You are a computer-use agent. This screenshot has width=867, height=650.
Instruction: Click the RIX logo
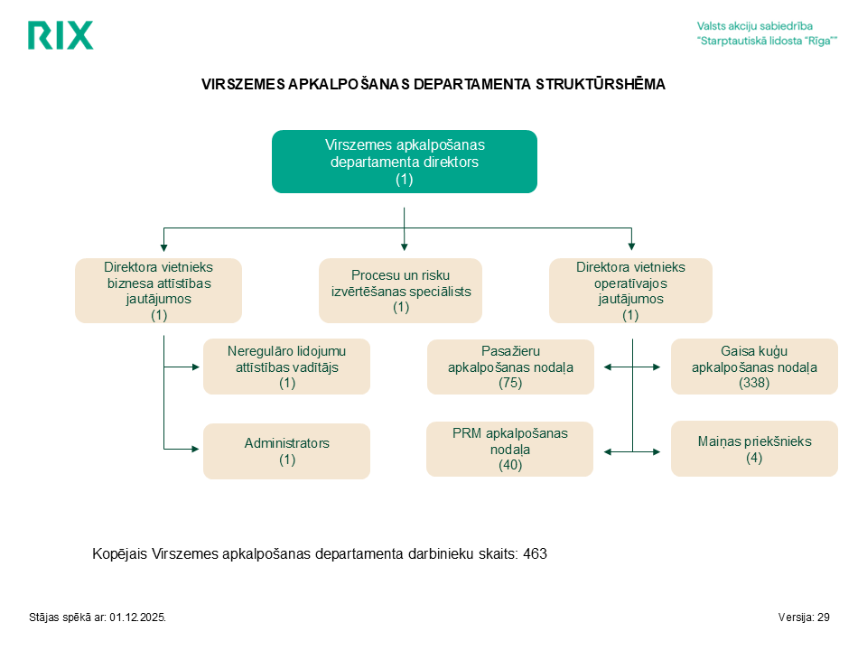[61, 35]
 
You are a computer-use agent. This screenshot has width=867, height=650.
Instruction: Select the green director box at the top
[405, 162]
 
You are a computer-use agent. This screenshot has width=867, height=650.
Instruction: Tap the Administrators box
[286, 451]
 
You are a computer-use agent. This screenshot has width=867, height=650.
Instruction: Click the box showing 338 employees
[754, 367]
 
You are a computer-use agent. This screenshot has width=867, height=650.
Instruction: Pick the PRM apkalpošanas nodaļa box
[509, 449]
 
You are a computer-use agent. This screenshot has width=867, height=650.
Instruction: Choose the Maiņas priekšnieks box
[754, 449]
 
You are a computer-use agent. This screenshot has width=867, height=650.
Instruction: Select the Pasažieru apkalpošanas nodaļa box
[510, 367]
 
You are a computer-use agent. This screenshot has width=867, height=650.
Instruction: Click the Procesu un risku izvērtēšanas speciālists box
[400, 291]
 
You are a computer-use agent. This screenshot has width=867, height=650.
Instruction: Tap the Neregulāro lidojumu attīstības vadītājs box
[286, 367]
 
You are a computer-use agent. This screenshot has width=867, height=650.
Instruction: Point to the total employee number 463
[535, 553]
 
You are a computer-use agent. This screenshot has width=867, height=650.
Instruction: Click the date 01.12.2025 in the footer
[137, 617]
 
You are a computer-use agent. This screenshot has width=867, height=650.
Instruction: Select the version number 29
[824, 617]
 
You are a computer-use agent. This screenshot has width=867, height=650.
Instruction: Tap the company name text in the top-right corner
[767, 33]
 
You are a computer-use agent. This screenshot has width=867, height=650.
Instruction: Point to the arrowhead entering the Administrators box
[195, 449]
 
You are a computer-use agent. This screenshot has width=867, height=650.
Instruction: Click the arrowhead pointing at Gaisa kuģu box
[657, 367]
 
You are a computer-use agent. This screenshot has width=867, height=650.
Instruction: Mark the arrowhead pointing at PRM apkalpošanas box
[608, 452]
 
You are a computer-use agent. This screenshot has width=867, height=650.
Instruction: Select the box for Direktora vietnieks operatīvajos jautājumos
[630, 291]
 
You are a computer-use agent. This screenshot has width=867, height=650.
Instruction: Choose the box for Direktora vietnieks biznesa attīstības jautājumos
[159, 291]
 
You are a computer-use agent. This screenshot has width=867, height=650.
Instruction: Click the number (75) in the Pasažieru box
[510, 383]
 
